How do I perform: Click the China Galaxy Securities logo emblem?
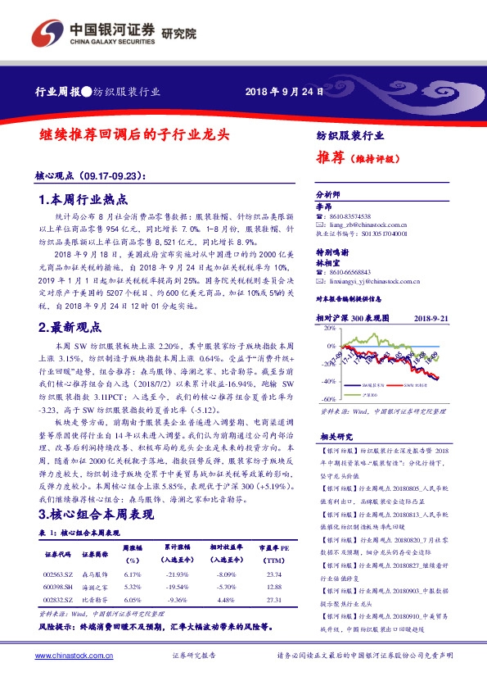pyautogui.click(x=44, y=34)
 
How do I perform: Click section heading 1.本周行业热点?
pyautogui.click(x=83, y=199)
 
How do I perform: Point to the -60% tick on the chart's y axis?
pyautogui.click(x=328, y=399)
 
